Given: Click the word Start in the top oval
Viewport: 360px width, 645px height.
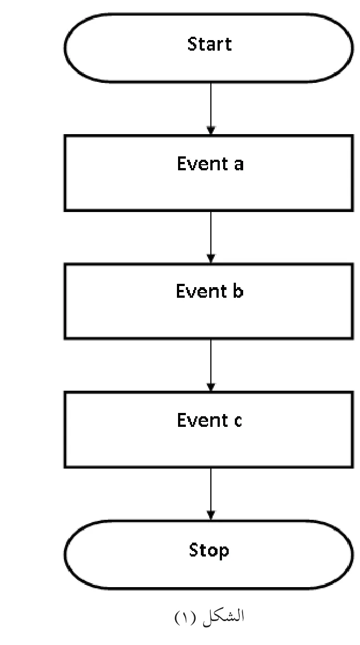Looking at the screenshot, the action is [x=209, y=43].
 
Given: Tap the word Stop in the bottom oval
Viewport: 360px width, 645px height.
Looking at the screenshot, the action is [x=209, y=550].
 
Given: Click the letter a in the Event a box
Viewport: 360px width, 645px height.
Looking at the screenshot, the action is [x=239, y=165].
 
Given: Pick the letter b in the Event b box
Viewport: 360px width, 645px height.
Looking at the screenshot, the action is [x=238, y=291].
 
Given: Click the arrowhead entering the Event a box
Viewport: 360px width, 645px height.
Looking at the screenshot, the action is [x=211, y=130].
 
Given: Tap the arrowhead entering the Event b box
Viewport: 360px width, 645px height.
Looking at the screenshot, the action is [x=211, y=259].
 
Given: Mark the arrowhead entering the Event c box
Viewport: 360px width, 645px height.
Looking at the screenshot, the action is [x=211, y=387].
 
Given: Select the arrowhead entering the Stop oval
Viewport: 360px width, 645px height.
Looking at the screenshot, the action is [x=211, y=515].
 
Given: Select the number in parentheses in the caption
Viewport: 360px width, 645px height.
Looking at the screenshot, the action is [x=187, y=617].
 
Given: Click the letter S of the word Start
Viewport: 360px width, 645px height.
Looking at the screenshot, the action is [x=193, y=44].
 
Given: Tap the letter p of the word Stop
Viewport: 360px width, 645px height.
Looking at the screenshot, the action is [x=224, y=553].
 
